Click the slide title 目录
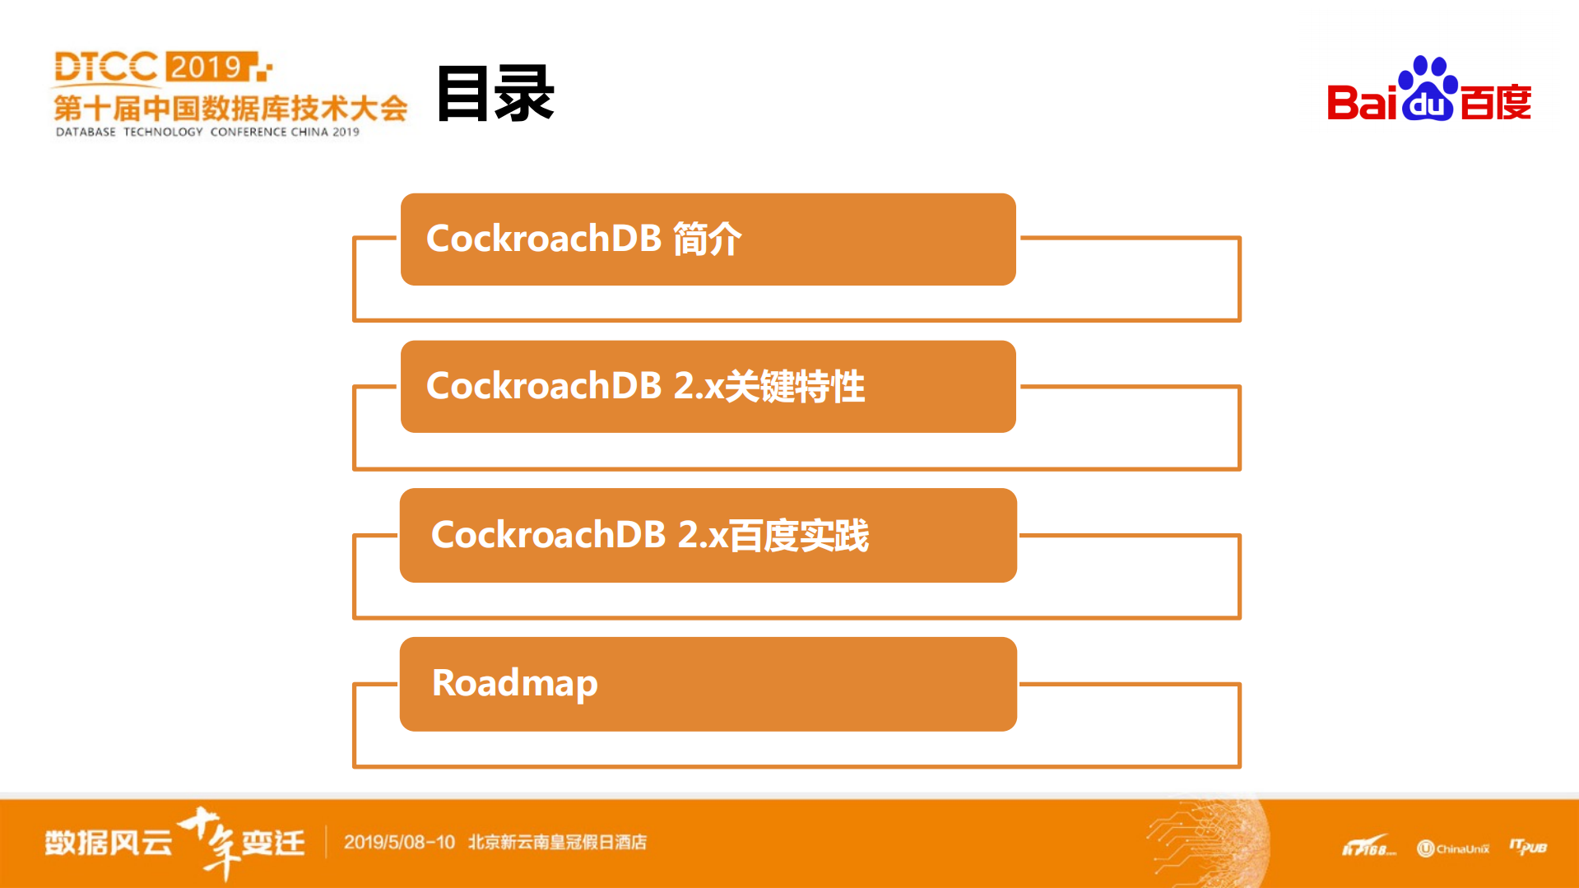(495, 94)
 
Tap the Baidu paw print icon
(1428, 89)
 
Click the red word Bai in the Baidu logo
(1362, 103)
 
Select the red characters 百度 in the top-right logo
(1496, 103)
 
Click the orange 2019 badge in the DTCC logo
(207, 67)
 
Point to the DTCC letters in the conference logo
(105, 67)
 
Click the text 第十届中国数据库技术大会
(230, 108)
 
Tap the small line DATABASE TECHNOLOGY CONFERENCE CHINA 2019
(207, 132)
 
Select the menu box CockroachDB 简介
(708, 239)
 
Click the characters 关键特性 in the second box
(795, 386)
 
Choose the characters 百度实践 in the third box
(799, 535)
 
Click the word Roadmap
(515, 683)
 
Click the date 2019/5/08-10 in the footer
(399, 842)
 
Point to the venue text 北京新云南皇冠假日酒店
(557, 842)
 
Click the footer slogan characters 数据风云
(109, 843)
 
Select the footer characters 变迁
(273, 843)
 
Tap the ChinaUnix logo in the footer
(1453, 848)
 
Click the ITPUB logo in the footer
(1528, 847)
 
